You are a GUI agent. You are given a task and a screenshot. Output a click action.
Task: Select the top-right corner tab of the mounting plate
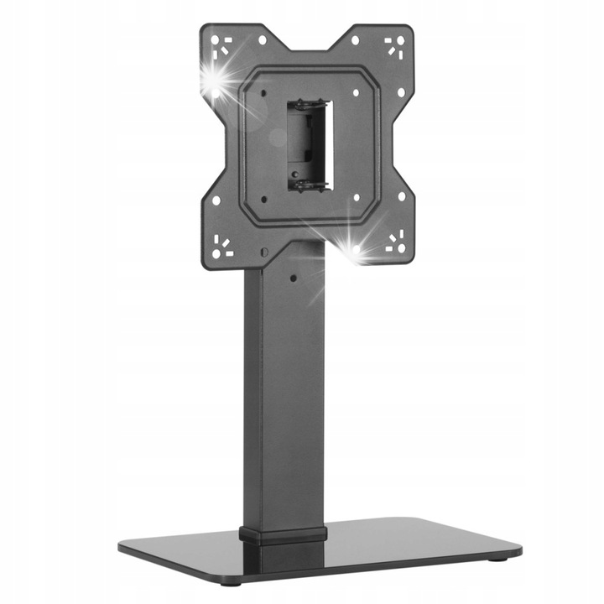[392, 47]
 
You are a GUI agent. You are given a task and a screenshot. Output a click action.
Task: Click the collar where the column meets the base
[283, 535]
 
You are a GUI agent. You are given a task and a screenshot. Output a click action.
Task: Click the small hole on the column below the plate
[294, 276]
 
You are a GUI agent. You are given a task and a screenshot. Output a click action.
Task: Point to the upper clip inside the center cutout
[310, 107]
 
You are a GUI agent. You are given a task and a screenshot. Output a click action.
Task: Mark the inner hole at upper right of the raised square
[357, 92]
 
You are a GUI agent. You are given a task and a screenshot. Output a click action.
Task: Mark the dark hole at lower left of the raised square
[263, 199]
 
